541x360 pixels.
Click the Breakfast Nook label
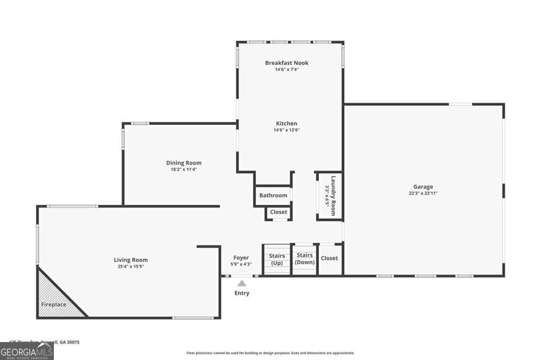287,63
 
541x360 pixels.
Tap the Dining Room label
184,163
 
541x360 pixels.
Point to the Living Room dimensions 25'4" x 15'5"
131,267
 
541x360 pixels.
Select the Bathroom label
273,195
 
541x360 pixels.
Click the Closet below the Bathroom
278,212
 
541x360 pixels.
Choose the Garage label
423,186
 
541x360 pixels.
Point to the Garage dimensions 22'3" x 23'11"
423,193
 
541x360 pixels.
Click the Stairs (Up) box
277,259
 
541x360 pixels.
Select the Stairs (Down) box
305,259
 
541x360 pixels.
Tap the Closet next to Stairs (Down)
329,258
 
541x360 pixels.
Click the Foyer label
241,258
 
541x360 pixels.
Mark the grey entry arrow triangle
241,283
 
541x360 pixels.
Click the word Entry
242,293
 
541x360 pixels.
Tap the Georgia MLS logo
26,352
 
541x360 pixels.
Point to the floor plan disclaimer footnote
270,353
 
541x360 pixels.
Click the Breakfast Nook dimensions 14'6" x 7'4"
287,69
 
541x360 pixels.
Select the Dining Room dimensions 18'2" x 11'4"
184,169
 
